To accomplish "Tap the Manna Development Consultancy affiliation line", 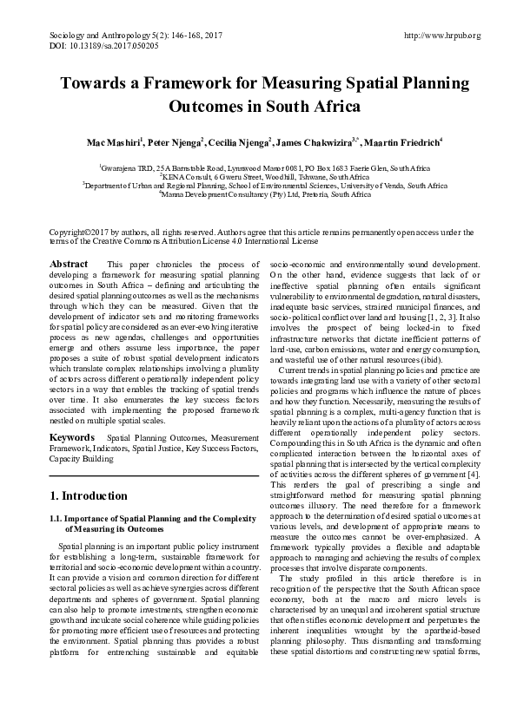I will [257, 195].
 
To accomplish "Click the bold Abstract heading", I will [70, 264].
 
